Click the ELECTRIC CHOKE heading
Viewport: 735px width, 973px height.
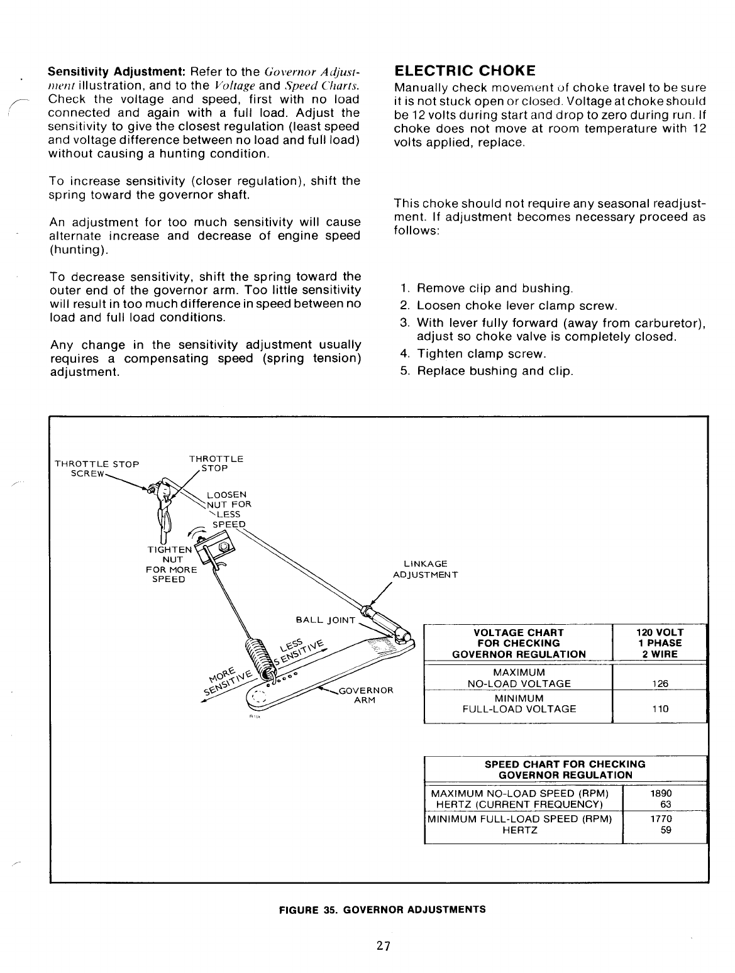tap(465, 70)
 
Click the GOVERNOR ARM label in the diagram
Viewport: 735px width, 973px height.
tap(365, 695)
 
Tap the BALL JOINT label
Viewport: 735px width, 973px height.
tap(326, 621)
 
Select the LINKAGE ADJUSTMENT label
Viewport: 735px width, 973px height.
tap(426, 569)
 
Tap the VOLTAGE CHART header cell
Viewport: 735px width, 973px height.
tap(519, 643)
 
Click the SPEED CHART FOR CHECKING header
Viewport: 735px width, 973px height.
tap(565, 769)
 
